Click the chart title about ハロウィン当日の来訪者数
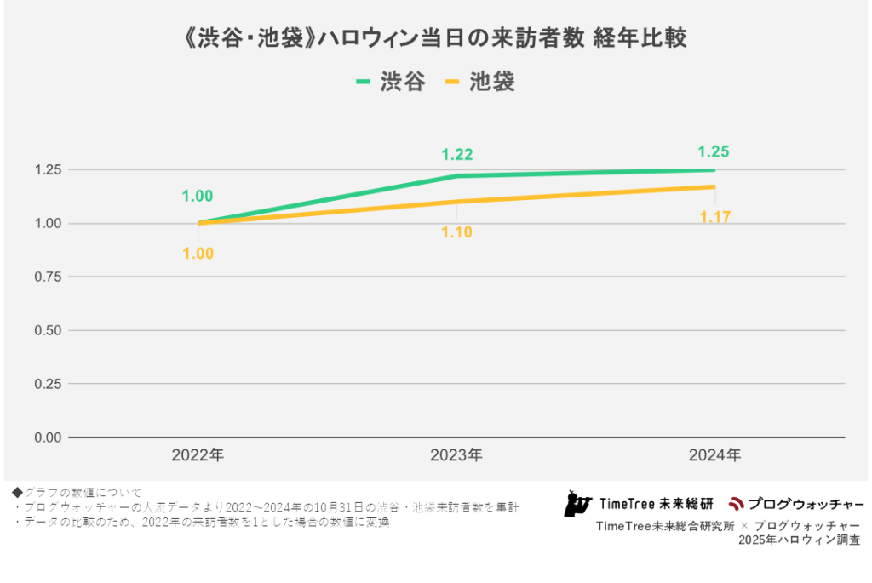pos(435,39)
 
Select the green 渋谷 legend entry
pos(391,83)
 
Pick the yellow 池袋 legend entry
pos(480,83)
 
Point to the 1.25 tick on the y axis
pos(48,170)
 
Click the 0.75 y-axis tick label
pos(48,277)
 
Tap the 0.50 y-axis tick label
pos(48,330)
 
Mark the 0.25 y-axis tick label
pos(48,384)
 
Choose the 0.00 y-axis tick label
pos(48,437)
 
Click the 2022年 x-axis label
pos(198,455)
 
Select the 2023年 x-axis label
pos(456,455)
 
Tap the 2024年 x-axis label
pos(714,455)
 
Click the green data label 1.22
pos(456,155)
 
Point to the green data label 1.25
pos(714,152)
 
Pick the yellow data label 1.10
pos(456,231)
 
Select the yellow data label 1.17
pos(715,218)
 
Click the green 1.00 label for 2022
pos(198,197)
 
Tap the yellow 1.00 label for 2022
pos(198,254)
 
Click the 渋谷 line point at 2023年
pos(457,176)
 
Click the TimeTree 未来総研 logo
pos(639,503)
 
